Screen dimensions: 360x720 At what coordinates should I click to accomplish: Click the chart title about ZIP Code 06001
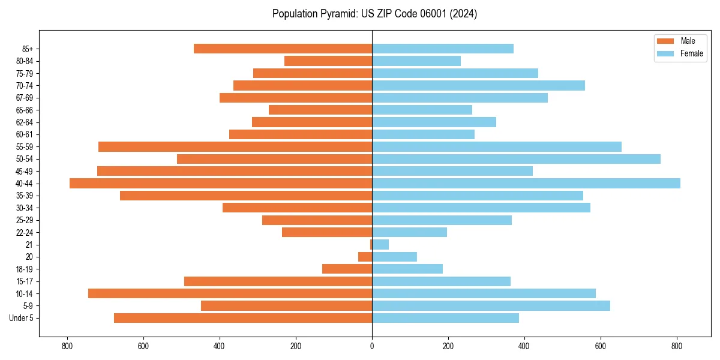[x=374, y=14]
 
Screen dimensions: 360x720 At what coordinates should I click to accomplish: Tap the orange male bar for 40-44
[x=221, y=184]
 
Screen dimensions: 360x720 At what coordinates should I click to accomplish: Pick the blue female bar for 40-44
[x=526, y=184]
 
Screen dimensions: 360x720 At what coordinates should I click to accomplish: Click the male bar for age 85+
[x=283, y=49]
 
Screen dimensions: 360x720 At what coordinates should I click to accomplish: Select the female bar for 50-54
[x=516, y=159]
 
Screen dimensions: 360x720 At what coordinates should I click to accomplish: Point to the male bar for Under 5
[x=243, y=318]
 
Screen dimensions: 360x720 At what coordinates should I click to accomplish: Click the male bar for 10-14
[x=230, y=293]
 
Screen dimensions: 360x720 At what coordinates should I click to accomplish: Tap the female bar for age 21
[x=380, y=245]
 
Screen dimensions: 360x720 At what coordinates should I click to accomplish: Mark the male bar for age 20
[x=365, y=257]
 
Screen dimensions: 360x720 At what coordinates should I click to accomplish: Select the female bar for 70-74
[x=478, y=86]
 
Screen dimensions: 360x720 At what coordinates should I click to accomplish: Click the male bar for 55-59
[x=235, y=147]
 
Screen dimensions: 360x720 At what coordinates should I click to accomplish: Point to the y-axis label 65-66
[x=25, y=110]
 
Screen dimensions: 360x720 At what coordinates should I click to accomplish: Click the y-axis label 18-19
[x=25, y=269]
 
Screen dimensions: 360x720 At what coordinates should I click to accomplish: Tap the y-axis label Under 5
[x=22, y=318]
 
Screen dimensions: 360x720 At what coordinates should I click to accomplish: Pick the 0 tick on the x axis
[x=372, y=346]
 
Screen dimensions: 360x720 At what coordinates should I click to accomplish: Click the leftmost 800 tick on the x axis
[x=67, y=346]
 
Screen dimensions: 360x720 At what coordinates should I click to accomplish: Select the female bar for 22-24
[x=409, y=232]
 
